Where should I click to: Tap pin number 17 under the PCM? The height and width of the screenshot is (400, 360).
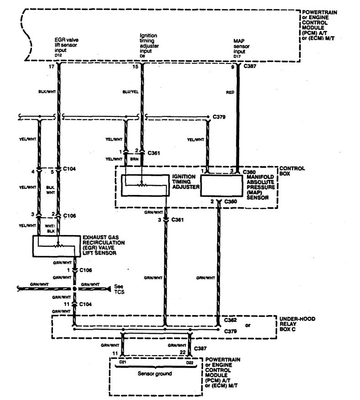pos(51,67)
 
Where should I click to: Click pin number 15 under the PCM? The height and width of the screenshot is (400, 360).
pos(135,67)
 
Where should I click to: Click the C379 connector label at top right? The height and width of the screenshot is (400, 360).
pos(220,116)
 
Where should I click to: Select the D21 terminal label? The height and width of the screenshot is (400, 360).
pos(122,362)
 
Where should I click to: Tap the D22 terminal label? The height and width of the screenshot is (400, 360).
pos(188,362)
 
